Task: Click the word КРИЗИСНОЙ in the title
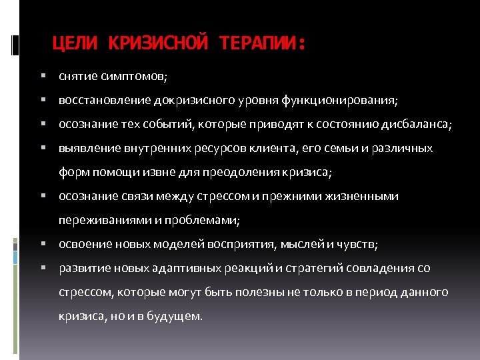(x=156, y=45)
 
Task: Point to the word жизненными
(x=365, y=197)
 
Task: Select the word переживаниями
(x=99, y=221)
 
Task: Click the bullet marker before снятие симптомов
(x=42, y=77)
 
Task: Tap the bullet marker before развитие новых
(x=42, y=269)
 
